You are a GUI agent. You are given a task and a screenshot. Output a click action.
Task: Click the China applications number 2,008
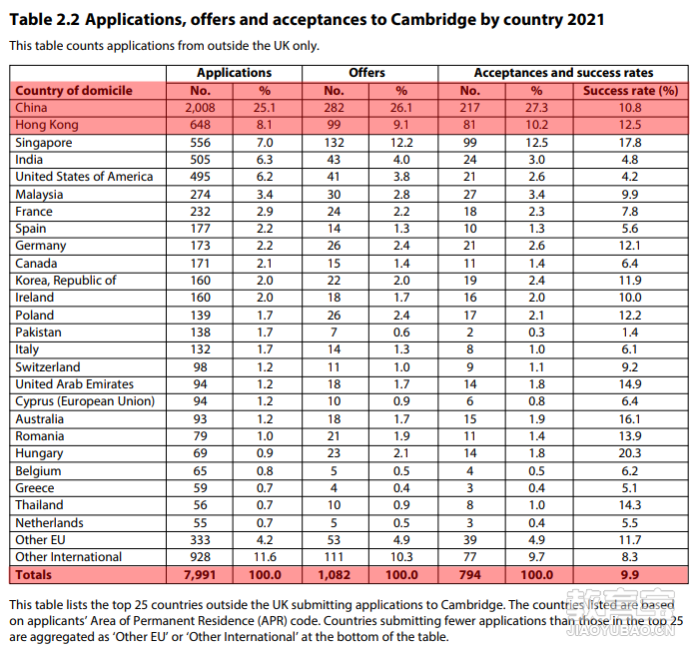coord(200,108)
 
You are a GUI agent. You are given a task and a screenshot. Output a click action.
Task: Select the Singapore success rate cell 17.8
coord(630,143)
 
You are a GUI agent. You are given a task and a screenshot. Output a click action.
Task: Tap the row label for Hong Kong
coord(47,125)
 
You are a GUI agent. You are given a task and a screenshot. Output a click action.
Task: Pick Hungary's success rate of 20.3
coord(630,453)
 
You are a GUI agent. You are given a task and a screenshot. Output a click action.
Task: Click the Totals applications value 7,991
coord(200,575)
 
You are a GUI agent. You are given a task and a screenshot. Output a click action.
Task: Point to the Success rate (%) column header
coord(630,91)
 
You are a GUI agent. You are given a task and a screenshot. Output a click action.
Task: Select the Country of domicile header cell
coord(74,91)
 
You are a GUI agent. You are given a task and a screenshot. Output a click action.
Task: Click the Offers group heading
coord(366,73)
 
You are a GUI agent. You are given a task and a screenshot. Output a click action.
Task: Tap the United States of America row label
coord(84,177)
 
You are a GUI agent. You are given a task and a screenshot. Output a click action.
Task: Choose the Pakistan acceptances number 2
coord(470,332)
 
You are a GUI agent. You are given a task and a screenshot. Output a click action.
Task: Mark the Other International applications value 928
coord(200,557)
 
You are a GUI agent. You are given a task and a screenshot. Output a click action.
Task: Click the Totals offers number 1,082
coord(334,575)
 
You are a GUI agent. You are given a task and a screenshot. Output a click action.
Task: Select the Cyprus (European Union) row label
coord(85,401)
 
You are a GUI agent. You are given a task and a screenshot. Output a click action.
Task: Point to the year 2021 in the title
coord(585,20)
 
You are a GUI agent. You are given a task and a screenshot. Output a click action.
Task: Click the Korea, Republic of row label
coord(66,281)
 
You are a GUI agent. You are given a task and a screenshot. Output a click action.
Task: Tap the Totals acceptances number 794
coord(470,575)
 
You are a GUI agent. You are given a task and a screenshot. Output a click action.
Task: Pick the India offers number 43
coord(334,160)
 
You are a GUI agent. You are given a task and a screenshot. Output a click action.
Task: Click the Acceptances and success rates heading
coord(564,73)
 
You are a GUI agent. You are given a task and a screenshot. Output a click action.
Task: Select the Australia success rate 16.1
coord(630,419)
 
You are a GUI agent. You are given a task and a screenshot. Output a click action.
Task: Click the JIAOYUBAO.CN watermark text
coord(620,630)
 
